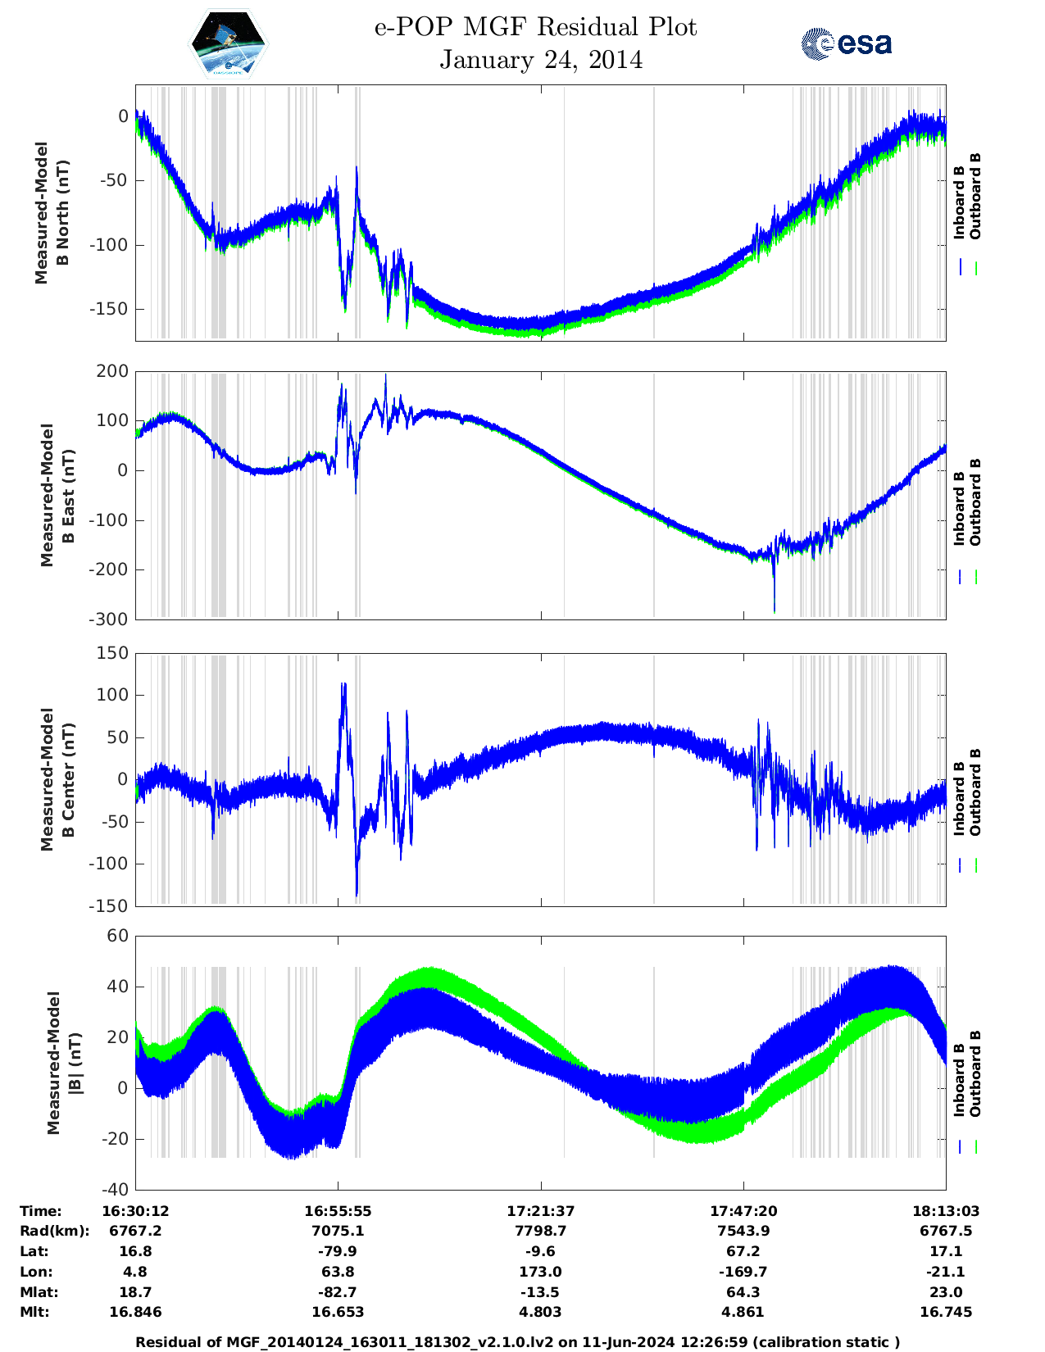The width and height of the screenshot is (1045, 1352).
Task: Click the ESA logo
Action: (x=846, y=43)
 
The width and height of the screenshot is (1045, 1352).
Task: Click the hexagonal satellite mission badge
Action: (x=229, y=43)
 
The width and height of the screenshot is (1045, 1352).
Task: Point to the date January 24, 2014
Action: (x=541, y=60)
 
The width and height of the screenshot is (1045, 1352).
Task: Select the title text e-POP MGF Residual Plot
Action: (x=536, y=27)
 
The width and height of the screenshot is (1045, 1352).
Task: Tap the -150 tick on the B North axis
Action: (x=113, y=309)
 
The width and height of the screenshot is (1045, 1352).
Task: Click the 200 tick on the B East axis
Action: (x=113, y=371)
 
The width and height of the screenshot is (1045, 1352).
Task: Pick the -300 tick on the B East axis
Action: (x=110, y=619)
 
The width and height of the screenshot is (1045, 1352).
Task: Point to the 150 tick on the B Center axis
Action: (x=113, y=653)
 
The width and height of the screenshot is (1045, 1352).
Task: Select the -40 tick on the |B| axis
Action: (x=115, y=1190)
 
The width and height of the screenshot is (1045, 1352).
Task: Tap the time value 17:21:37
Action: (x=541, y=1211)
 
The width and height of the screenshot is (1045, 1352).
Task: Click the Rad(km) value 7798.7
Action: (x=541, y=1231)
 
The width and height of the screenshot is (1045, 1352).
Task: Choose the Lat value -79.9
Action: (x=338, y=1251)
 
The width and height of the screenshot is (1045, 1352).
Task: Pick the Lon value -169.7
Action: (x=743, y=1272)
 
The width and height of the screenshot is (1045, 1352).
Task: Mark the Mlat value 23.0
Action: (x=946, y=1292)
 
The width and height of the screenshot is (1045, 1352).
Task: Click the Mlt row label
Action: (x=34, y=1312)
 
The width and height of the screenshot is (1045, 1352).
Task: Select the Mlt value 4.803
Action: (x=541, y=1312)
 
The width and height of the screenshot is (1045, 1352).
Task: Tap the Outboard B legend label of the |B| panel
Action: (x=975, y=1073)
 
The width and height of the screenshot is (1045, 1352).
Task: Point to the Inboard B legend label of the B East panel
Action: (x=959, y=508)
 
